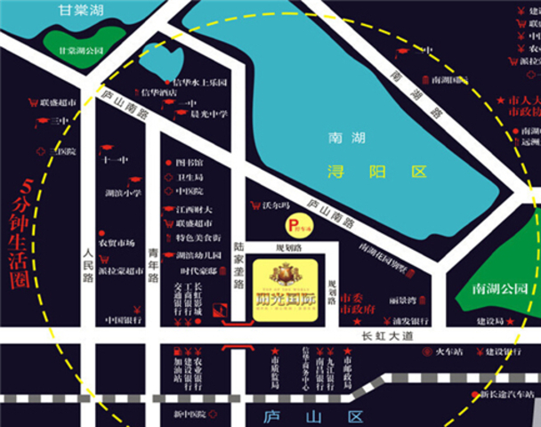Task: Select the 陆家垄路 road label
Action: pos(238,265)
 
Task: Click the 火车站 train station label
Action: pos(452,351)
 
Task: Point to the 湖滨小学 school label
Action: pos(123,193)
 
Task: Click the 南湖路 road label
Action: pos(414,97)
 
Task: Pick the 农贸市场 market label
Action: pos(116,243)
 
